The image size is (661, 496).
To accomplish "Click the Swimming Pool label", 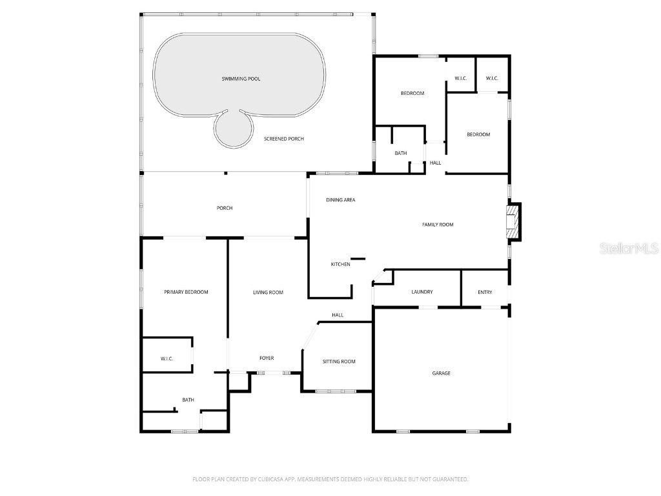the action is tap(241, 79).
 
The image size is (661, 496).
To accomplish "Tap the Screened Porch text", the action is tap(284, 139).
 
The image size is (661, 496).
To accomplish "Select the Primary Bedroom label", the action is tap(186, 292).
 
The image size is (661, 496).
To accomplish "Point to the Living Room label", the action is tap(268, 293).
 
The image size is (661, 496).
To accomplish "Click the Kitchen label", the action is tap(340, 264).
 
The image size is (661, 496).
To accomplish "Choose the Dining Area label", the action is tap(341, 200).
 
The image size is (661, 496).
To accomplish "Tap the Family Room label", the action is tap(438, 225).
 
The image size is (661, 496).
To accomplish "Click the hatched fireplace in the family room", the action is tap(512, 222).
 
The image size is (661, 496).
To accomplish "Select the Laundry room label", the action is tap(422, 292).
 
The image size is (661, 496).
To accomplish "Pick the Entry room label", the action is tap(485, 293).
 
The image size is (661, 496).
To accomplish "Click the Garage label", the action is tap(442, 373).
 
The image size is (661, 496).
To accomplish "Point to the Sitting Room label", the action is tap(339, 362).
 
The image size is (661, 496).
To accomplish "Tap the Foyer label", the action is tap(267, 358).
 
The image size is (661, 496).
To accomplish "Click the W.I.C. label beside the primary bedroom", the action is tap(167, 359).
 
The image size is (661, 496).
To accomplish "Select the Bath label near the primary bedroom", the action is tap(188, 400).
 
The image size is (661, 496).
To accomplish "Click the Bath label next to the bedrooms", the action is tap(400, 153).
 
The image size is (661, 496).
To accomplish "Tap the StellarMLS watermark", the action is tap(629, 248).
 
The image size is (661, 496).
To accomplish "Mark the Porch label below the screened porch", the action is tap(224, 208).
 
